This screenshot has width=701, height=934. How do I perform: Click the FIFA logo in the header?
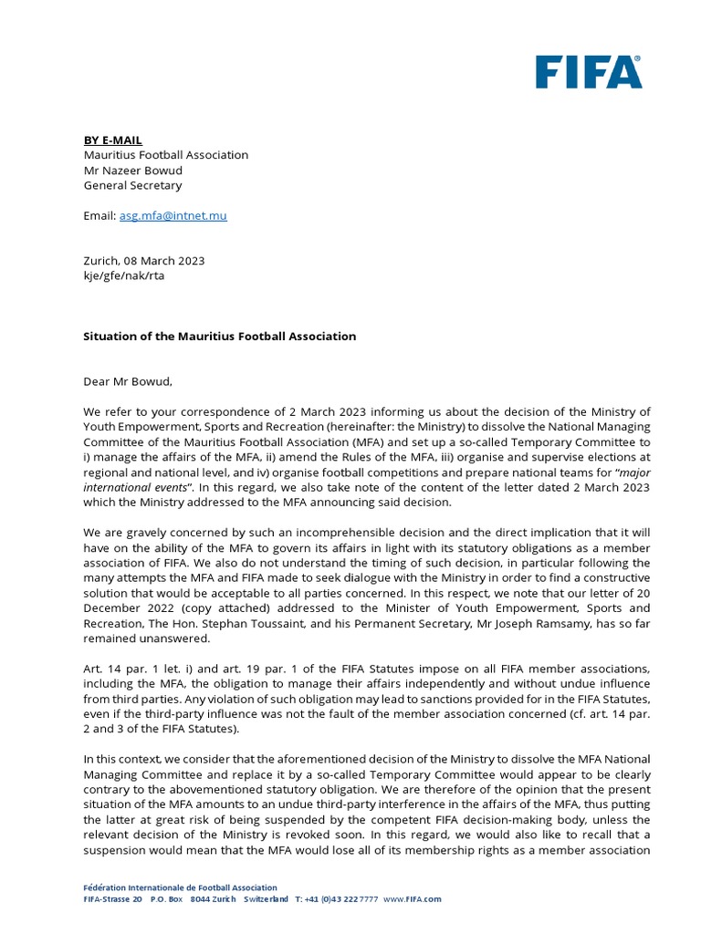(x=588, y=72)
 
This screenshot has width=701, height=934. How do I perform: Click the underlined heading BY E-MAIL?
(x=113, y=140)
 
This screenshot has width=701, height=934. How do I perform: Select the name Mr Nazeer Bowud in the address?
(x=133, y=170)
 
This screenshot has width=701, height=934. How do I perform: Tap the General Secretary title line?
(x=132, y=185)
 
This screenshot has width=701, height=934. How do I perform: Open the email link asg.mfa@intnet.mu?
(x=173, y=215)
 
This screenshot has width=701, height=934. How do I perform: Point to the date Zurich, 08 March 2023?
(x=144, y=260)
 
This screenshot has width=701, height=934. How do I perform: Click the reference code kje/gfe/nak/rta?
(x=124, y=275)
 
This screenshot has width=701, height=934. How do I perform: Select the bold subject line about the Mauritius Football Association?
(x=220, y=336)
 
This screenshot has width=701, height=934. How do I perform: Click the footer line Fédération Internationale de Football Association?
(x=180, y=887)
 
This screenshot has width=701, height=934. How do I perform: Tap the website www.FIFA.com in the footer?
(x=412, y=899)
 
